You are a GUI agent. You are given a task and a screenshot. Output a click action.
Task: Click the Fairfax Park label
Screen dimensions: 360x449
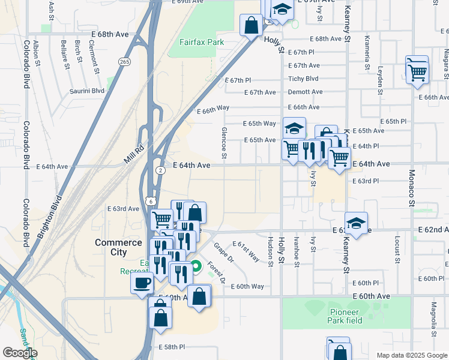(x=202, y=43)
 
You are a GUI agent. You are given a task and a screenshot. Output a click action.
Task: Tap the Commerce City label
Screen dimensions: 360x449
(x=118, y=247)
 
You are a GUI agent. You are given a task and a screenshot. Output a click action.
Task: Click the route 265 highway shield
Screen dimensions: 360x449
(x=124, y=62)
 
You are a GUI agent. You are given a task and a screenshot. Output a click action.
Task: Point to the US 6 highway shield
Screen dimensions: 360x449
(x=149, y=201)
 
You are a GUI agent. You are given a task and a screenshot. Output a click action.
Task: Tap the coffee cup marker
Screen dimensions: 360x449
(x=142, y=283)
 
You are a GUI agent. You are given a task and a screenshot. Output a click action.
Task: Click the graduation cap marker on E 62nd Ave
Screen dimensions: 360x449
(x=357, y=223)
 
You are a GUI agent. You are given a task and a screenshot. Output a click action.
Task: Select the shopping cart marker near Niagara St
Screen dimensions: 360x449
(x=417, y=73)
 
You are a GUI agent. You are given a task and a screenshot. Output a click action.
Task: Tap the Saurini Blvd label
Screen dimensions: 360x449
(x=89, y=91)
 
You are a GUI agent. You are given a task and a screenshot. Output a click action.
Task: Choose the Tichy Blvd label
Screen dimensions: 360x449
(x=303, y=79)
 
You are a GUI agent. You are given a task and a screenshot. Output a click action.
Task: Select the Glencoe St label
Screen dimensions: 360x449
(x=224, y=142)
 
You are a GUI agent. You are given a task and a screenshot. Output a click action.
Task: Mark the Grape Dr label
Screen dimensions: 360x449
(x=223, y=252)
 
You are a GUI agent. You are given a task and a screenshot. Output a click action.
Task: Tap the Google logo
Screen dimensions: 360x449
(x=19, y=353)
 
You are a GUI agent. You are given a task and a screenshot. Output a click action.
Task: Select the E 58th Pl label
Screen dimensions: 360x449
(x=172, y=347)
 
